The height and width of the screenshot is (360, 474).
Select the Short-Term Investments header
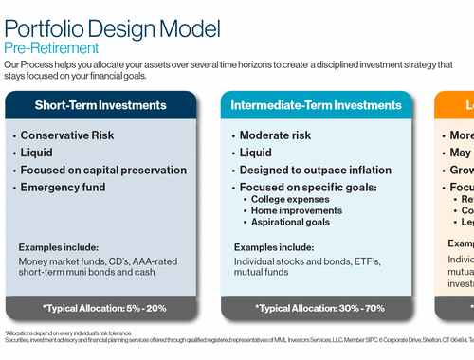coord(100,105)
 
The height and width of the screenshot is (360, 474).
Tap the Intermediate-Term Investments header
coord(321,105)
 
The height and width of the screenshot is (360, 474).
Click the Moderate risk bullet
coord(285,135)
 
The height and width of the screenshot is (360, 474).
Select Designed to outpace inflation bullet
coord(316,171)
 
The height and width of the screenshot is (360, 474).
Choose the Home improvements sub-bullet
coord(302,211)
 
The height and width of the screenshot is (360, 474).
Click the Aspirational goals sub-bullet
coord(297,222)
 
